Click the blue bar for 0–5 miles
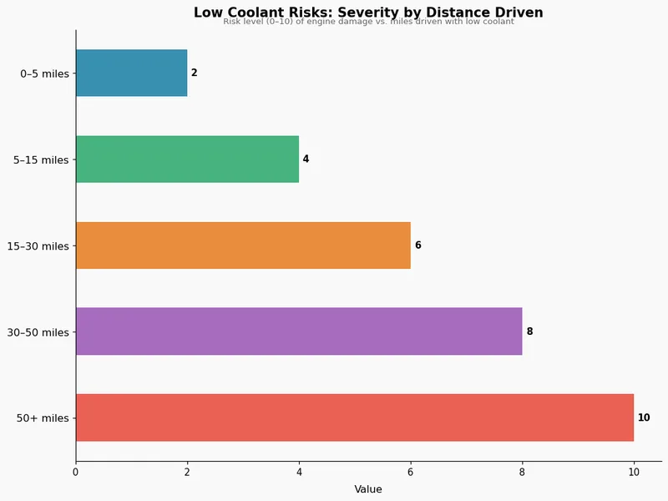pyautogui.click(x=131, y=73)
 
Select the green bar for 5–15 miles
pyautogui.click(x=187, y=159)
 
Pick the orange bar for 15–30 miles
pyautogui.click(x=243, y=245)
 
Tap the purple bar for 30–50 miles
pyautogui.click(x=299, y=331)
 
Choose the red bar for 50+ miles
pyautogui.click(x=355, y=417)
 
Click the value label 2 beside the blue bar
pyautogui.click(x=195, y=73)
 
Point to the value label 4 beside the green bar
pyautogui.click(x=306, y=159)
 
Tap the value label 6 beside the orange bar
pyautogui.click(x=417, y=245)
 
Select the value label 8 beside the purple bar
pyautogui.click(x=529, y=331)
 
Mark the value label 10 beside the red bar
pyautogui.click(x=644, y=417)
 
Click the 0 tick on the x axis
pyautogui.click(x=76, y=473)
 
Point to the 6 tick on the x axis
pyautogui.click(x=411, y=473)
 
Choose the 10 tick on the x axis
pyautogui.click(x=634, y=473)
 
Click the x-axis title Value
pyautogui.click(x=368, y=489)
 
